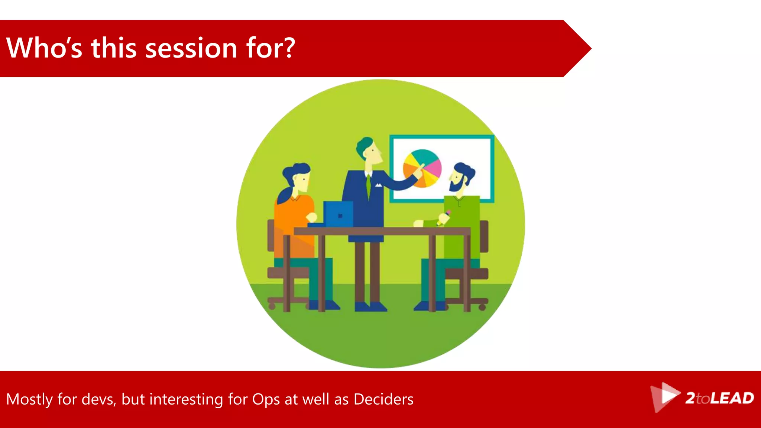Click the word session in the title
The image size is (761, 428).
click(191, 49)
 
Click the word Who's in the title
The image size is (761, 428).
click(44, 48)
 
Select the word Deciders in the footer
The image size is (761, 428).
click(383, 399)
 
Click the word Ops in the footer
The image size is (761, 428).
click(266, 399)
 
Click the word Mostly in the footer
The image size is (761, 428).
click(29, 399)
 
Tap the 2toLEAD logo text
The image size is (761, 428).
click(719, 398)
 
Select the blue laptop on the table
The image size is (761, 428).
click(338, 214)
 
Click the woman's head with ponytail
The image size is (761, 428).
click(298, 177)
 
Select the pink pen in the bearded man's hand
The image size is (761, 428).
click(448, 213)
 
